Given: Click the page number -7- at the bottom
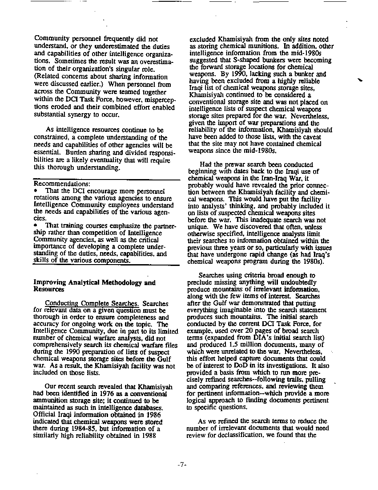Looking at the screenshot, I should (x=181, y=464).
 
